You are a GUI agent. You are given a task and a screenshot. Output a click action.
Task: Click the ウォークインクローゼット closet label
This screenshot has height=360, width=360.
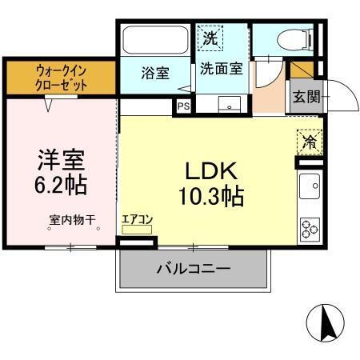[61, 78]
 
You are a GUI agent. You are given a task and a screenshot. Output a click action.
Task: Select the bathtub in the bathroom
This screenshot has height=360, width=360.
[154, 41]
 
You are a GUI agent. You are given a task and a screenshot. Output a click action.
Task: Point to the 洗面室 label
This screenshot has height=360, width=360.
[221, 69]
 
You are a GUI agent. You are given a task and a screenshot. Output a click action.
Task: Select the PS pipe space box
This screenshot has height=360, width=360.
[183, 105]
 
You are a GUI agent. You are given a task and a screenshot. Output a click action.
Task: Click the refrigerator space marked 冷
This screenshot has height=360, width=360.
[308, 142]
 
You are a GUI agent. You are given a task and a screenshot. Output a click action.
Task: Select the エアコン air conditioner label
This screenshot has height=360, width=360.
[137, 218]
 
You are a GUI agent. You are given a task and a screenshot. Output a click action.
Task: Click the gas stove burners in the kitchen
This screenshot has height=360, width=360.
[310, 227]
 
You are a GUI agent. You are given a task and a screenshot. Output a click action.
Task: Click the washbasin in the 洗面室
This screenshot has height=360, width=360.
[234, 105]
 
